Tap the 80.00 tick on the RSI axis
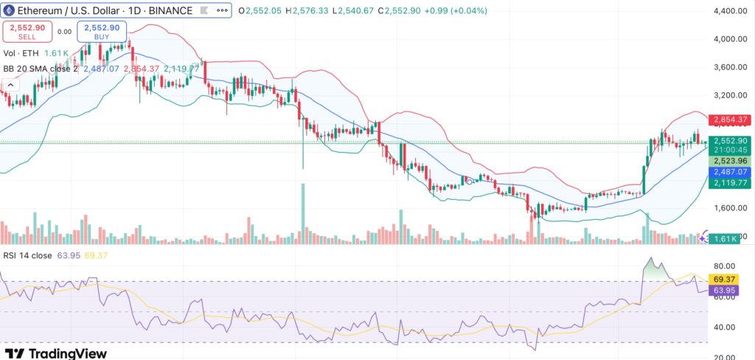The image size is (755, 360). click(x=726, y=266)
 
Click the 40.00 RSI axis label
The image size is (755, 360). click(x=726, y=327)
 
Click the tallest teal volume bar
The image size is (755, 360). click(x=303, y=213)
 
